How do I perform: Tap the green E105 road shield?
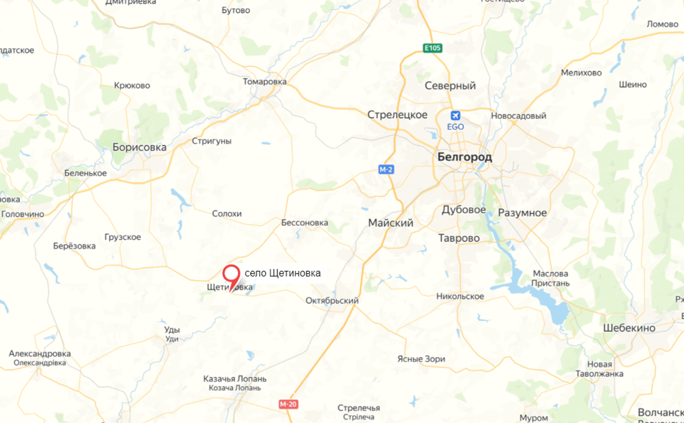pos(432,48)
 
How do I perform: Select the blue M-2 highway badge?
pos(386,169)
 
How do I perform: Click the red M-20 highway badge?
pos(288,404)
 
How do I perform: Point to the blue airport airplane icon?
pos(456,115)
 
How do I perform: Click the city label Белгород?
pos(464,157)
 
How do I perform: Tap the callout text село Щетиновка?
pos(282,272)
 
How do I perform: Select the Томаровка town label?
pos(265,82)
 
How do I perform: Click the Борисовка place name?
pos(139,147)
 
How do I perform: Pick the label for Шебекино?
pos(629,328)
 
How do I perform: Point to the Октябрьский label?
pos(332,301)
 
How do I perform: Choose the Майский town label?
pos(391,223)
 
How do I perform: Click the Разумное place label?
pos(522,213)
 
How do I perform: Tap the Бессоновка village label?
pos(304,223)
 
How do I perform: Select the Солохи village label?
pos(227,214)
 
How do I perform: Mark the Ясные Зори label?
pos(421,359)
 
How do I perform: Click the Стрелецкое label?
pos(398,115)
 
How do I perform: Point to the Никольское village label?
pos(460,297)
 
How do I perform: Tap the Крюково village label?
pos(132,86)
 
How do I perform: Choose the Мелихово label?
pos(581,73)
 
